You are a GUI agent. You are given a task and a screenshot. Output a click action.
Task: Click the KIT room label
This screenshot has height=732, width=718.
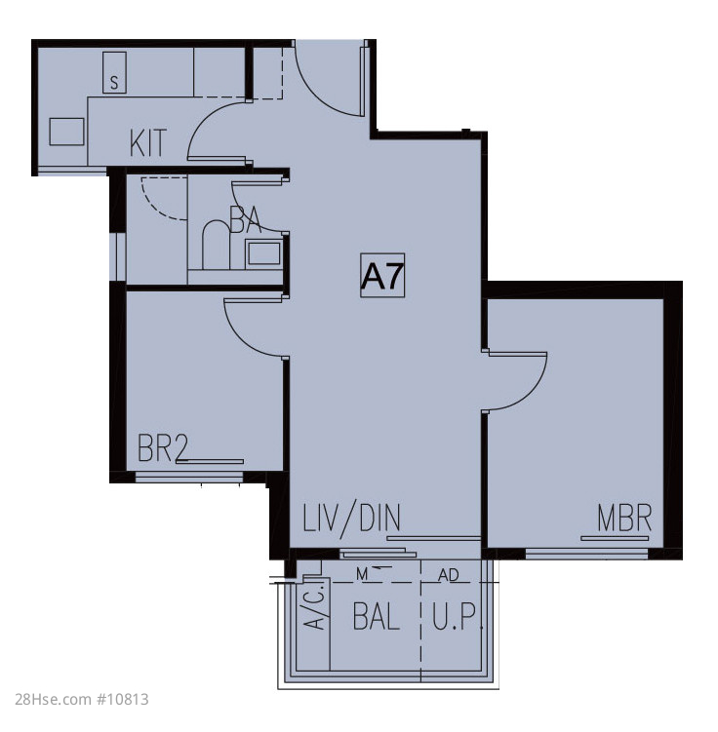point(147,142)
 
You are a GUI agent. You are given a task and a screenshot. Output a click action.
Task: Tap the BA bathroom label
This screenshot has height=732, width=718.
point(246,219)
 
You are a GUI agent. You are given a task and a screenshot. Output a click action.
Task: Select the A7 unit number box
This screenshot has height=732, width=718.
point(382,276)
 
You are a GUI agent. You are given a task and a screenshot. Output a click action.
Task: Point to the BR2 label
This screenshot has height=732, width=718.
point(163,447)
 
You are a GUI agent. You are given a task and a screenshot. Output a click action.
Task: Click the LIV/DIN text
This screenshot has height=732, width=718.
point(352,518)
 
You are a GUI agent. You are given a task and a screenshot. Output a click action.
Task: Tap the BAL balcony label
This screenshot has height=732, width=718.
point(376,616)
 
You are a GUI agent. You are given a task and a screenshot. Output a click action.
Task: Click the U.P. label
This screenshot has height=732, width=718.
point(457,616)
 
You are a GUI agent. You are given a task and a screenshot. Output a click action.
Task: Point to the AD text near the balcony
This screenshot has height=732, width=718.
point(449,575)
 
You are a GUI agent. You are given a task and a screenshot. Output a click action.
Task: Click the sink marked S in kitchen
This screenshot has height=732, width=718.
point(114,72)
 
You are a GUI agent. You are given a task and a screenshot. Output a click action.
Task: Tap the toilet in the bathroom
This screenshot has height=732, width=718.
point(216,244)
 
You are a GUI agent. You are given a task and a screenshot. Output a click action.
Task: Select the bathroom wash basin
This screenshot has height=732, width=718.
point(264,254)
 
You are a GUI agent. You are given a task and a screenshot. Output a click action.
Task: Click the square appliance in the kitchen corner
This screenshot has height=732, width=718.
point(66,132)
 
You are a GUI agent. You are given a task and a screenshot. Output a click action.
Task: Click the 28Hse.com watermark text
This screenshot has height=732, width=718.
point(82,699)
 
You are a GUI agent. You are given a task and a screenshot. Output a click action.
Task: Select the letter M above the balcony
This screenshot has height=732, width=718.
point(362,575)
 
